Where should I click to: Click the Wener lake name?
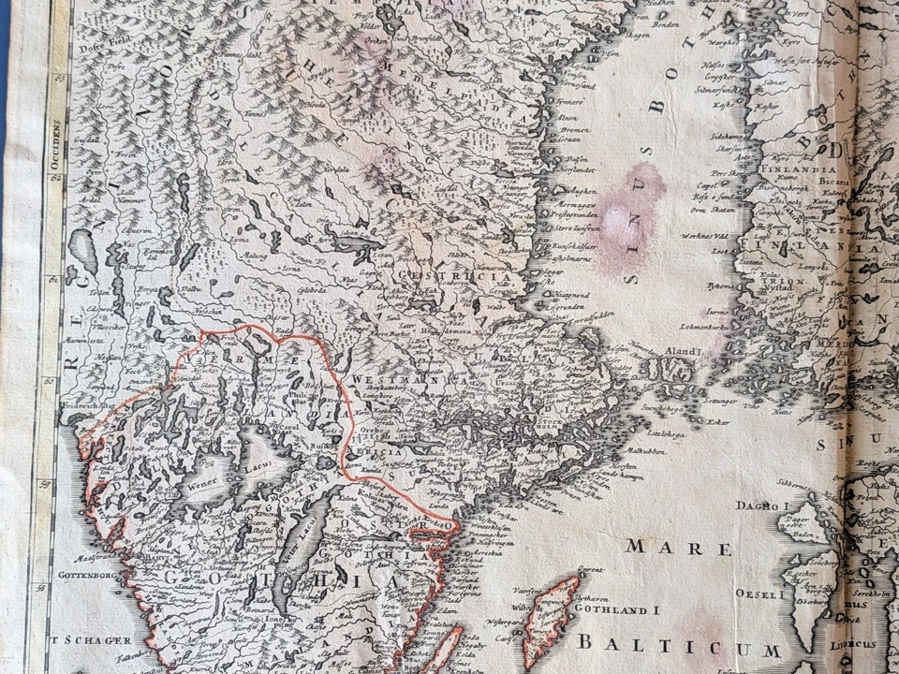click(x=200, y=485)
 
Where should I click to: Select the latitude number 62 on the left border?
click(x=55, y=175)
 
